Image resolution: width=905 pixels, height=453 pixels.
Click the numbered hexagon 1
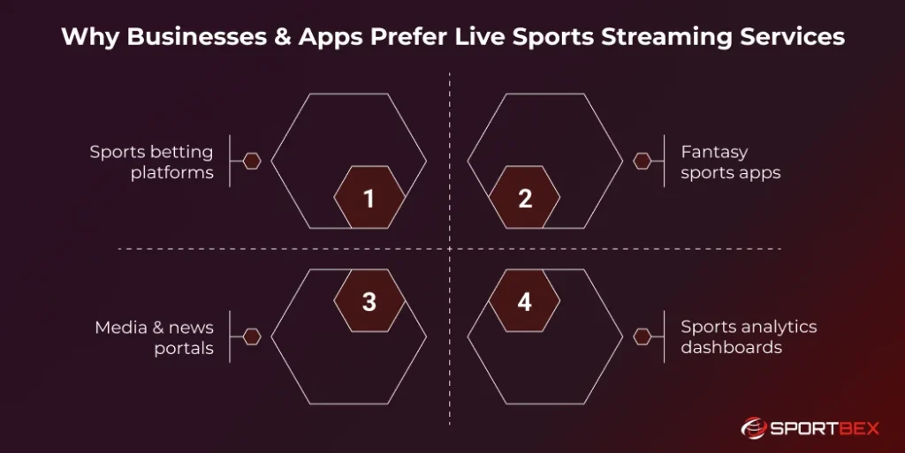369,198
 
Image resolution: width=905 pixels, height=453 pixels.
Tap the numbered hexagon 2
524,198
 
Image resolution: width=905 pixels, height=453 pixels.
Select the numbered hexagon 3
369,301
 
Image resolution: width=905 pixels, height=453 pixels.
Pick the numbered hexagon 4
524,301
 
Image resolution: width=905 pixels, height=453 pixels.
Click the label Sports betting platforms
151,162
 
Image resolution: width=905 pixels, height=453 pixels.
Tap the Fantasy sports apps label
730,162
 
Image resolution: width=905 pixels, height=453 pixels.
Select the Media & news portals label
154,336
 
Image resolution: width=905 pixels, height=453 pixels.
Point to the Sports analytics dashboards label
748,336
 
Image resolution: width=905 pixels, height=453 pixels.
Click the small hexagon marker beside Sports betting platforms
252,161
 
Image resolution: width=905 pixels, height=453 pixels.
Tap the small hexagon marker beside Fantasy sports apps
643,161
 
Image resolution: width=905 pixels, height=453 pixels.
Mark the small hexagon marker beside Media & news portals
252,336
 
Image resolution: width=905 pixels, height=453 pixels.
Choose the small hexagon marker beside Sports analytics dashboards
643,336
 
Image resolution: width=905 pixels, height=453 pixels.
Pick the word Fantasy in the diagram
714,152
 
